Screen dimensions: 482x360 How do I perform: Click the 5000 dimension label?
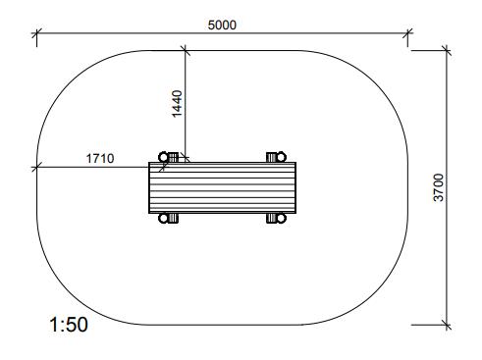222,25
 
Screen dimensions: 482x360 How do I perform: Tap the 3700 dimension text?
439,187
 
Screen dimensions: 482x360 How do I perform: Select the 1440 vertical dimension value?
177,104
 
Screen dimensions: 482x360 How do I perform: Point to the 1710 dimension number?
100,159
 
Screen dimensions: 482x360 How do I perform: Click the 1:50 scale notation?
69,325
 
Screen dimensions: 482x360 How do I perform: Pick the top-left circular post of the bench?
163,157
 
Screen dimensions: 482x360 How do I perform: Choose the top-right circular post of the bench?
282,157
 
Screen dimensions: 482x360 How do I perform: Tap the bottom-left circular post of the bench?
163,218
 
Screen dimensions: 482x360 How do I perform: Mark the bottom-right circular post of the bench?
282,218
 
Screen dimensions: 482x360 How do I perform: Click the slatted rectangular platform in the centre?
222,187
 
